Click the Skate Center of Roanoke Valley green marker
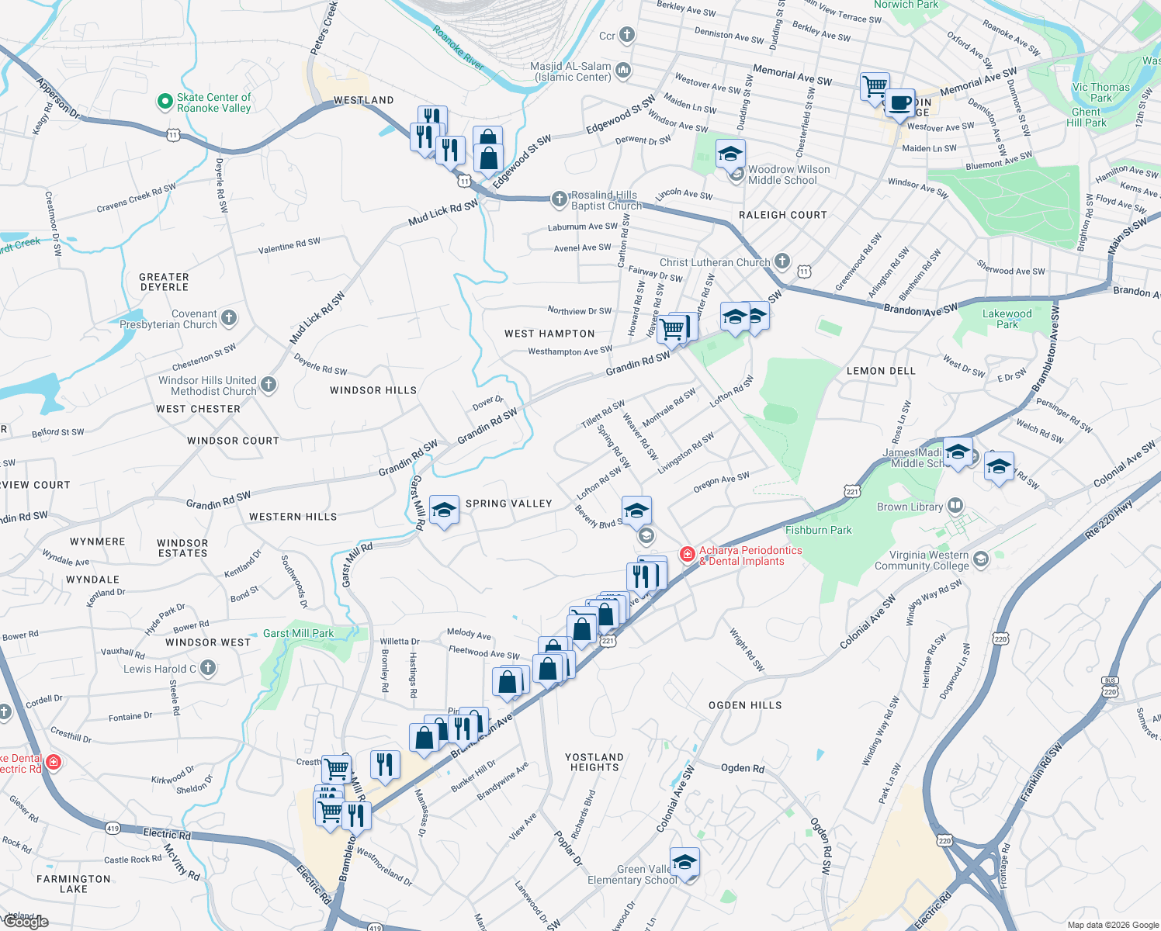tap(165, 101)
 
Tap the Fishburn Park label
tap(818, 530)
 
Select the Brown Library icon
tap(955, 506)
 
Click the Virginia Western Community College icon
tap(981, 559)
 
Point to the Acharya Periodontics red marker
tap(687, 554)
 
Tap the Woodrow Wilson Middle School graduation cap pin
tap(730, 154)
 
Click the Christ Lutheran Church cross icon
tap(782, 261)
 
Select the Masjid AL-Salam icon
tap(622, 71)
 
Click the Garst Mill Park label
tap(298, 633)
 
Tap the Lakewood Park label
tap(1007, 319)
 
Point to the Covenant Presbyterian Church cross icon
tap(228, 317)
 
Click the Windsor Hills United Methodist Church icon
tap(269, 384)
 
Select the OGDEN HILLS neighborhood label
tap(744, 705)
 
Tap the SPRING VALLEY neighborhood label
tap(508, 504)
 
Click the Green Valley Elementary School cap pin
tap(684, 863)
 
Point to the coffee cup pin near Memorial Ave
tap(899, 103)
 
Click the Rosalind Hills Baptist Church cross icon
tap(559, 199)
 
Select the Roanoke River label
tap(458, 48)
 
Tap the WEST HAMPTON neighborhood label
tap(549, 334)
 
